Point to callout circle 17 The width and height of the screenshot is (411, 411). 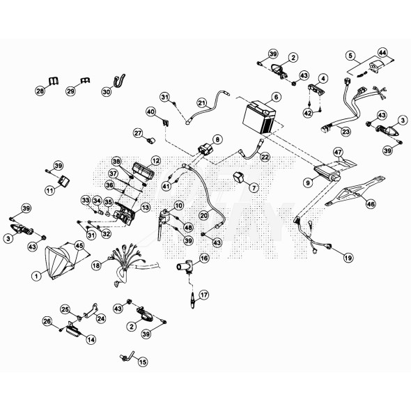tap(203, 295)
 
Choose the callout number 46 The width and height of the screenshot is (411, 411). tap(371, 204)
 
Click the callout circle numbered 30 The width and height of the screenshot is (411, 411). tap(106, 91)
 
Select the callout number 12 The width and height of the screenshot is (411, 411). tap(155, 160)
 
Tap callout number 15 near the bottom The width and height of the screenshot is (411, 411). tap(143, 362)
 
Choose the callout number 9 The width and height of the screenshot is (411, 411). tap(307, 182)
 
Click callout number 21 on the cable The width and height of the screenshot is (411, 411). tap(202, 102)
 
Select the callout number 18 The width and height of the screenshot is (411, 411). tap(97, 265)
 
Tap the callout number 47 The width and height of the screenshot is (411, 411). tap(338, 151)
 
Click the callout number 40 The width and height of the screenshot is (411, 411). tap(150, 111)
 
